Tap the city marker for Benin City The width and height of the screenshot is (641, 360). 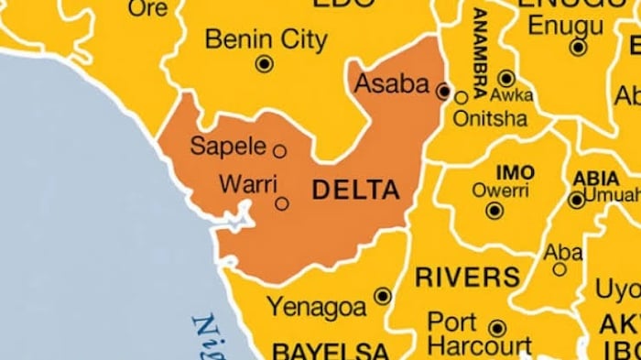(x=265, y=63)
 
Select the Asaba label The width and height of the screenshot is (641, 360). (x=391, y=84)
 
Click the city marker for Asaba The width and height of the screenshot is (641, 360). (x=443, y=92)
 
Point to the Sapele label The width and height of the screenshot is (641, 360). (x=227, y=146)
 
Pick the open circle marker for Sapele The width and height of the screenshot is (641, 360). (x=279, y=151)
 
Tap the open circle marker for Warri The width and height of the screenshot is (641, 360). (x=282, y=203)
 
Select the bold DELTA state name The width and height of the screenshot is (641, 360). (x=356, y=191)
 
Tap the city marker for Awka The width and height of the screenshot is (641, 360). (x=506, y=78)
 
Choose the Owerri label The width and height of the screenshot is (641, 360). (x=494, y=191)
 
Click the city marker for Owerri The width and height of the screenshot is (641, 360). (x=494, y=211)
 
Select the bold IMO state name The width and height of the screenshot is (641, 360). (x=515, y=172)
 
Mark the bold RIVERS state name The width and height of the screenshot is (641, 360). (x=467, y=276)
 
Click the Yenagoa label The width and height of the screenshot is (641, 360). (x=316, y=305)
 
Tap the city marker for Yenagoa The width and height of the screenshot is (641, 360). (x=382, y=296)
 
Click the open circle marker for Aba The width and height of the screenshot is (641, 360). (x=560, y=269)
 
